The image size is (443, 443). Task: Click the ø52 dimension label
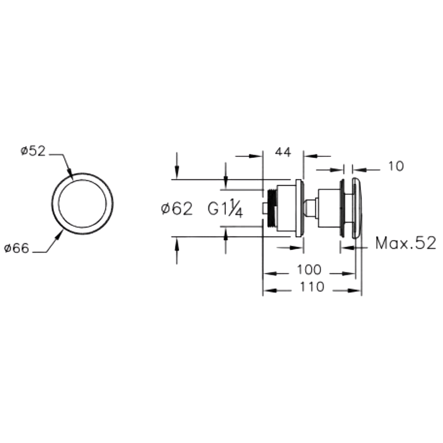tap(34, 151)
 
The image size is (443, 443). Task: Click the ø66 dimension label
tap(17, 249)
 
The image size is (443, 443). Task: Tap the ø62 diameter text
tap(177, 209)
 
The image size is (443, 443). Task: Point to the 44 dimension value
tap(283, 152)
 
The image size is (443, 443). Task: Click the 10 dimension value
tap(396, 167)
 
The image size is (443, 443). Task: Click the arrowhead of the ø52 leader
tap(70, 176)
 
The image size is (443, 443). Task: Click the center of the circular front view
tap(82, 203)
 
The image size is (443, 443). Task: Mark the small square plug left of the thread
tap(264, 207)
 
